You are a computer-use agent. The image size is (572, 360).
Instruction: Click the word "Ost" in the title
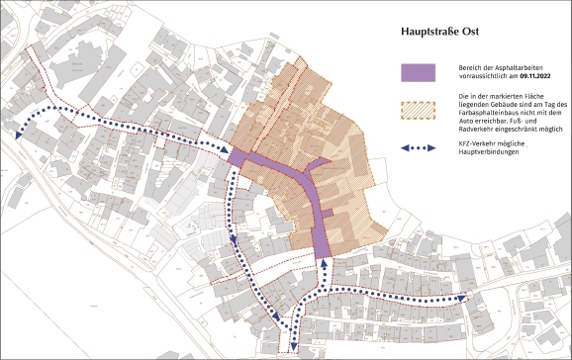469,31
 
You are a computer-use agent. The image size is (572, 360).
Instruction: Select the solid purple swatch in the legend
421,72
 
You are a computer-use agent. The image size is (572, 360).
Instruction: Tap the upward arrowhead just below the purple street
323,263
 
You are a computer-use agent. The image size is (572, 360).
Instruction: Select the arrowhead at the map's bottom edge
292,346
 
